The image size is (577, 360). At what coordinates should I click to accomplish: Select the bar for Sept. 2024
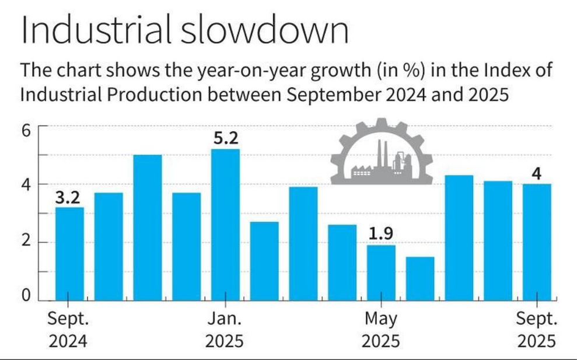click(69, 253)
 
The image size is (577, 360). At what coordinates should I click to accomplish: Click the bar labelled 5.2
click(225, 224)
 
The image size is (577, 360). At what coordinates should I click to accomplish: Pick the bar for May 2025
click(381, 272)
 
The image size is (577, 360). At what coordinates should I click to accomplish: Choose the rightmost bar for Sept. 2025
click(537, 242)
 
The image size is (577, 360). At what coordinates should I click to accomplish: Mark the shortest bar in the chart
click(420, 278)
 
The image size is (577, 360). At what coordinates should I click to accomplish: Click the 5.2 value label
click(225, 139)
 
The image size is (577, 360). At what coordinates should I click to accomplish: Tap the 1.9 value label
click(381, 235)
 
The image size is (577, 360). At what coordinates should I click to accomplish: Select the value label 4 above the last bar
click(537, 174)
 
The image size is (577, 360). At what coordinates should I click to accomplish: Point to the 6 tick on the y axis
click(26, 130)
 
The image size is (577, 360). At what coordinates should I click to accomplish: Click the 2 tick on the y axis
click(26, 242)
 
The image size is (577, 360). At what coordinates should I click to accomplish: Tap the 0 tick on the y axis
click(26, 297)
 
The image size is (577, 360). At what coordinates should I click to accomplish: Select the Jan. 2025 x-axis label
click(225, 330)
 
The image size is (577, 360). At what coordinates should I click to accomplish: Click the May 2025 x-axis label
click(381, 330)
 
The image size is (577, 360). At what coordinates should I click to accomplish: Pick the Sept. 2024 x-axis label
click(68, 330)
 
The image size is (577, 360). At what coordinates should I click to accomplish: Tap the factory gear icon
click(382, 152)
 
